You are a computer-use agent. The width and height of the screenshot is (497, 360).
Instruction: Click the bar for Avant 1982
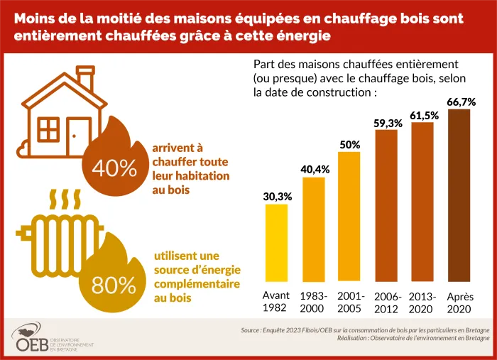[x=276, y=245]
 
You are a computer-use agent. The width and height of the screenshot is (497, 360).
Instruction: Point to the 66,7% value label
[x=461, y=102]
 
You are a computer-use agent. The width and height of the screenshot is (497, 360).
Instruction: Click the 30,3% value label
[x=276, y=196]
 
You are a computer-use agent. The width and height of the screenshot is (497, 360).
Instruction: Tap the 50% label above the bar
[x=350, y=144]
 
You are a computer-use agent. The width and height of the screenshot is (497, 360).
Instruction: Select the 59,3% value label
[x=388, y=123]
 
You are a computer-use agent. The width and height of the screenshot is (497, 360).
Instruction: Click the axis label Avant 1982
[x=276, y=301]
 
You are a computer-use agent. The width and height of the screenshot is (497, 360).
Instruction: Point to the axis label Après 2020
[x=459, y=301]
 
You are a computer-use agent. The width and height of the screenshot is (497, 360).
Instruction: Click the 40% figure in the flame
[x=114, y=168]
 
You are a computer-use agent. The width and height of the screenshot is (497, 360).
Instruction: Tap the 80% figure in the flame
[x=114, y=285]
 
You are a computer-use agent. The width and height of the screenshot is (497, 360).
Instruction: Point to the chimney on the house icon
[x=85, y=80]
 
